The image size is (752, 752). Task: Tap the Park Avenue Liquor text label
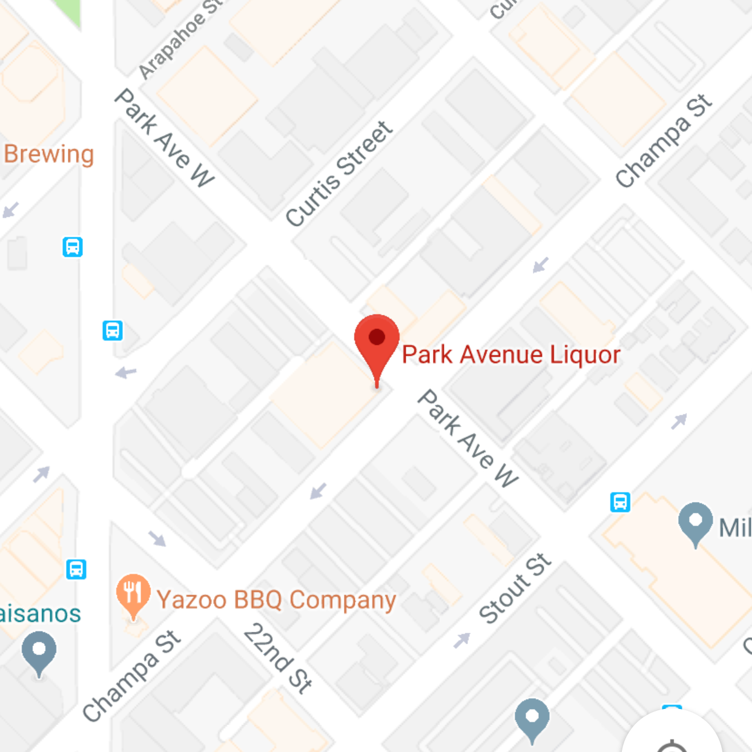point(511,355)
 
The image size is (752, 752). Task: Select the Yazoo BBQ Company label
point(276,600)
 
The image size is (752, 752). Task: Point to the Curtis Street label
point(339,174)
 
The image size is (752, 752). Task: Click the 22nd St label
point(278,658)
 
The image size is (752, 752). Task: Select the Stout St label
point(515,588)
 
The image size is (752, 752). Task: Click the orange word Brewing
point(49,154)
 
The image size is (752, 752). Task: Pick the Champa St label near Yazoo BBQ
point(131,676)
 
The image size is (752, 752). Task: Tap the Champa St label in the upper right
point(664,141)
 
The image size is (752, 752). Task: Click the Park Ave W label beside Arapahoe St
point(164,137)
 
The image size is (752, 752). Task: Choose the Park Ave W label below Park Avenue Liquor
point(468,438)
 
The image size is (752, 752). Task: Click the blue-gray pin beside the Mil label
point(695,521)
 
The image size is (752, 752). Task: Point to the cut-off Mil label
point(734,528)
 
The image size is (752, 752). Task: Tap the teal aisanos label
point(40,614)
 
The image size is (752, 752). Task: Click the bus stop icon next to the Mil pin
point(620,502)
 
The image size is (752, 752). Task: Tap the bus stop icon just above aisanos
point(76,569)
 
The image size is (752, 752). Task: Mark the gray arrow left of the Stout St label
point(462,639)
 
